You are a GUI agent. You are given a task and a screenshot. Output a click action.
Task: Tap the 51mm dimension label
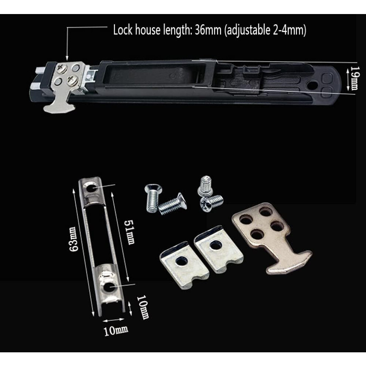click(129, 232)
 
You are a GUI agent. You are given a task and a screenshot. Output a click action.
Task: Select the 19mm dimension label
click(354, 78)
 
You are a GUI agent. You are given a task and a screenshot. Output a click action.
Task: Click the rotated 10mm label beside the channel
click(143, 307)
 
